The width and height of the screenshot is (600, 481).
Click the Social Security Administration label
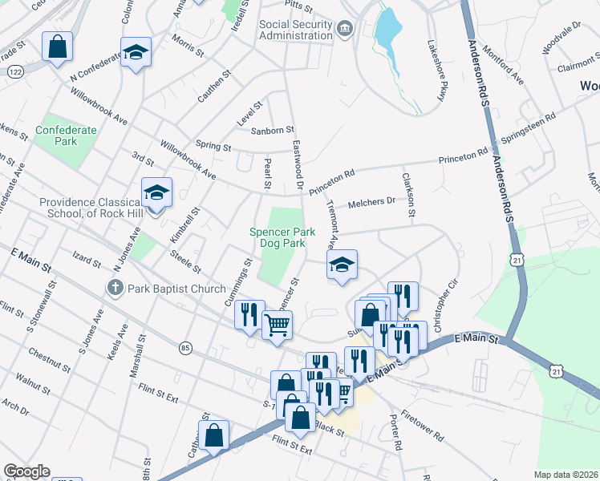(295, 30)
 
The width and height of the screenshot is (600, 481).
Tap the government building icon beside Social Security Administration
(344, 30)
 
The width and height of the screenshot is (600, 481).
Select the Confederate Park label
(66, 135)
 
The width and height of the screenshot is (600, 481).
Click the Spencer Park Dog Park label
(278, 236)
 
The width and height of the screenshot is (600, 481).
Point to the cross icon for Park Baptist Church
(116, 287)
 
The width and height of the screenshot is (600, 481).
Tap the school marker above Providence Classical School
(156, 192)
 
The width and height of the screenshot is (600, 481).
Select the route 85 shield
(186, 348)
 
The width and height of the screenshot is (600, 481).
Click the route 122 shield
(14, 71)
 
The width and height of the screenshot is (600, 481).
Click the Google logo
(26, 471)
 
